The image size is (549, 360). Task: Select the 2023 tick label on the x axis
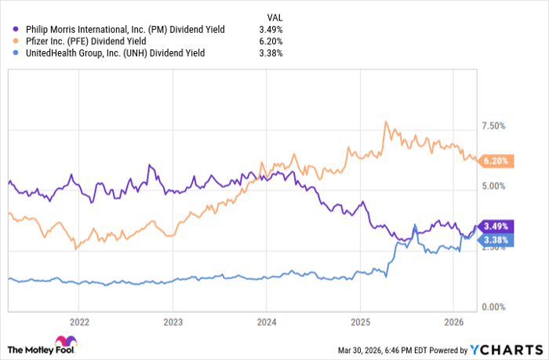point(173,321)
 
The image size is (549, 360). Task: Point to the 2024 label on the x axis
point(266,321)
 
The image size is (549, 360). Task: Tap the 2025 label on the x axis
point(360,321)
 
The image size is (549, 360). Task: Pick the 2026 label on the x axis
point(453,321)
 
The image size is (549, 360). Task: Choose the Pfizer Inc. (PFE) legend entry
point(86,41)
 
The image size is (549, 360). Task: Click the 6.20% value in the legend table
point(270,41)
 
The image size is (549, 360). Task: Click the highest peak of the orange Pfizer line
point(386,122)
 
